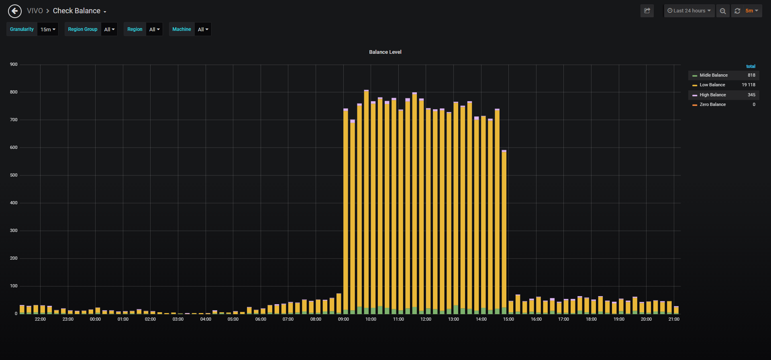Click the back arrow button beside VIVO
click(x=15, y=11)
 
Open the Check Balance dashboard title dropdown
click(x=80, y=11)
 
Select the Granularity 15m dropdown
click(x=48, y=29)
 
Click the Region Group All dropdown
click(x=109, y=29)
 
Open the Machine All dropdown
click(x=203, y=29)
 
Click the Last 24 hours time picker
click(x=689, y=11)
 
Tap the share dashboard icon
click(x=647, y=11)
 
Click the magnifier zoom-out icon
click(x=723, y=11)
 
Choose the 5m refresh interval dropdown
click(x=752, y=11)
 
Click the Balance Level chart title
click(x=385, y=52)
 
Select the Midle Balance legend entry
click(x=714, y=75)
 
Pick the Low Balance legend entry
click(x=712, y=85)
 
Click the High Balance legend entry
click(x=713, y=95)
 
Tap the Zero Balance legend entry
click(x=713, y=104)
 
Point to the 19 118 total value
click(x=749, y=85)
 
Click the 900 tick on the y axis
click(x=14, y=64)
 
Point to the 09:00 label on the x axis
click(x=343, y=319)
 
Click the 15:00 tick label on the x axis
click(x=508, y=319)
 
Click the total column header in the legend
click(x=751, y=66)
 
